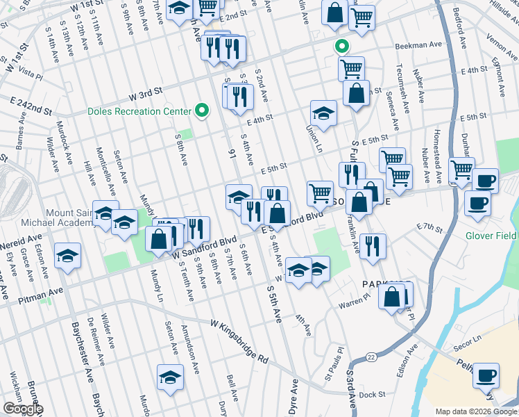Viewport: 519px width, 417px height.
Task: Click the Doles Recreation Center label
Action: tap(139, 111)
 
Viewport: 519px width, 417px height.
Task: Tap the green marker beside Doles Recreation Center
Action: tap(202, 110)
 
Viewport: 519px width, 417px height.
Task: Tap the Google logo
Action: tap(23, 409)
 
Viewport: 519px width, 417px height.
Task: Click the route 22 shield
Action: tap(371, 357)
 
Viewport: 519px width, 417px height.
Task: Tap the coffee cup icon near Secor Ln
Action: tap(486, 376)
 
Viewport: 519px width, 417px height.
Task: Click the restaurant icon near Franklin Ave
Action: tap(373, 245)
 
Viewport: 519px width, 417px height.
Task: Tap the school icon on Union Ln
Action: tap(323, 113)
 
